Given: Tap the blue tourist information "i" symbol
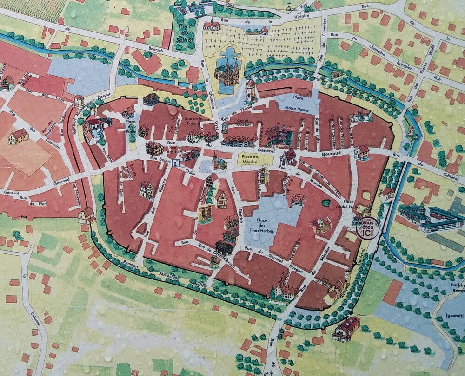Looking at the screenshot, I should [176, 163].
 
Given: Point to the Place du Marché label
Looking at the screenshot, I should [255, 158].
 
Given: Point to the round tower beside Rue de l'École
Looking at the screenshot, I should [251, 90].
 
